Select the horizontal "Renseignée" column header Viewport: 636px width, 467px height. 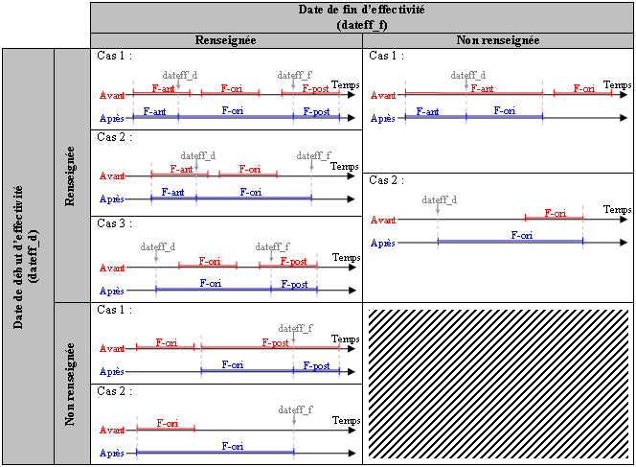click(227, 40)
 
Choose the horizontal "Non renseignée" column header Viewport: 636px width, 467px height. click(498, 40)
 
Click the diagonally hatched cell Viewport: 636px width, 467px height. click(498, 384)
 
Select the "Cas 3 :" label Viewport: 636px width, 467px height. click(115, 222)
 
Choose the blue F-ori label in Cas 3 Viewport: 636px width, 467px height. click(213, 283)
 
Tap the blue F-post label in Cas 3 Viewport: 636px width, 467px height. click(294, 284)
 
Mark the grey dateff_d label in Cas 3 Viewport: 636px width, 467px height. click(158, 246)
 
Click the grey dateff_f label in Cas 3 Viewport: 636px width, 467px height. click(273, 246)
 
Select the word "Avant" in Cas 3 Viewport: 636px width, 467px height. click(112, 269)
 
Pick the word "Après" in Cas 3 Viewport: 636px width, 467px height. click(112, 291)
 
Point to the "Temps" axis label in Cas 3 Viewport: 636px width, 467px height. click(345, 257)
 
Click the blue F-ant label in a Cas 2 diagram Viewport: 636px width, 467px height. click(173, 192)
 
